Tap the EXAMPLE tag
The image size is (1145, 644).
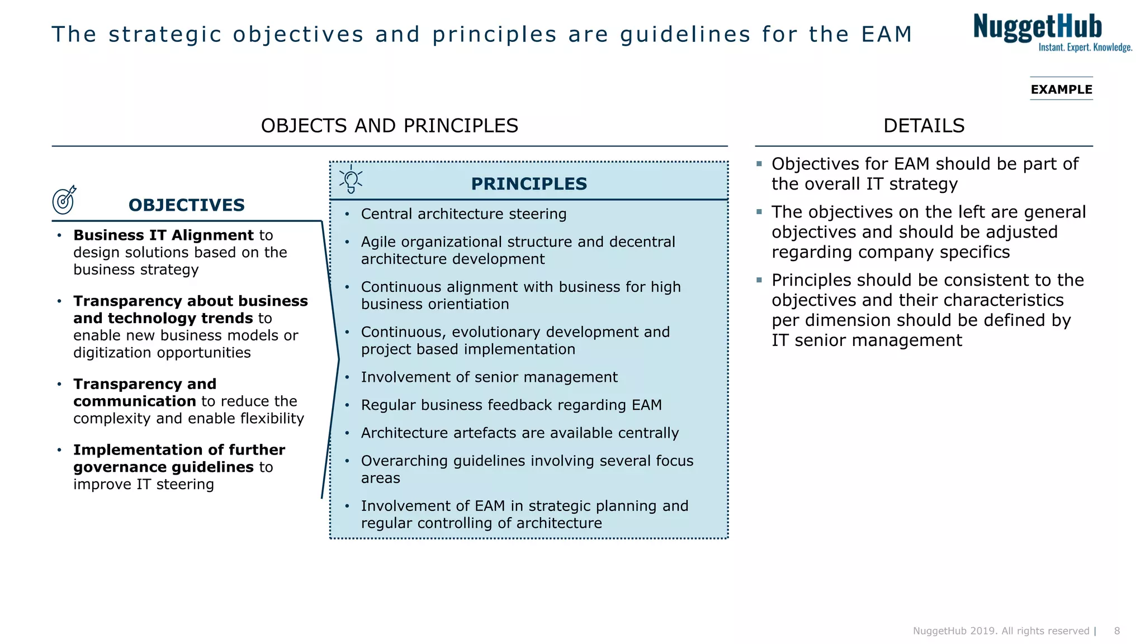coord(1061,89)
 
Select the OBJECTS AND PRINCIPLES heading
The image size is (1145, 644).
coord(390,126)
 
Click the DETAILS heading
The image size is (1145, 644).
coord(924,126)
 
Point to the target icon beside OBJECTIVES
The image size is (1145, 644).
coord(64,200)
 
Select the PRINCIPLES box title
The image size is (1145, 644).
coord(529,184)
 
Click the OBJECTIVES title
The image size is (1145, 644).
coord(187,205)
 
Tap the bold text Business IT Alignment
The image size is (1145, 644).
coord(163,235)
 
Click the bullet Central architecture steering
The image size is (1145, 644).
coord(463,214)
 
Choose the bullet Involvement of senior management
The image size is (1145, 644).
coord(489,377)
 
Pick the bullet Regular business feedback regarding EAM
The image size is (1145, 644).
coord(511,405)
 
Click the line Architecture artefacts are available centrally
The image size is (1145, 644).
coord(519,433)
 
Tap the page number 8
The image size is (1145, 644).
coord(1117,631)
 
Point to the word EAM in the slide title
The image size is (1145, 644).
coord(887,35)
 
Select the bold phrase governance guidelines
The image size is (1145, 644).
coord(163,467)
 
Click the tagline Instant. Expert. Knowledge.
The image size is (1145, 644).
coord(1085,48)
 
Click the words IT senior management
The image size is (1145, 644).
coord(867,340)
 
